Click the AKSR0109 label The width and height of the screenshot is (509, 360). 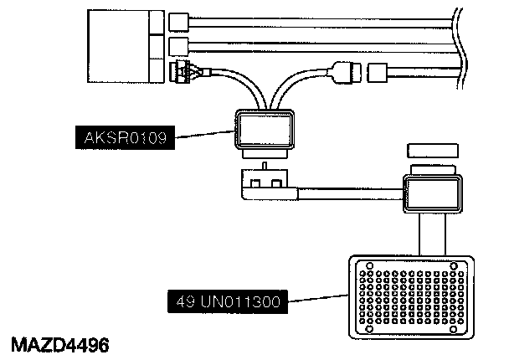(125, 137)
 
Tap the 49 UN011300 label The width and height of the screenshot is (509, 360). (228, 301)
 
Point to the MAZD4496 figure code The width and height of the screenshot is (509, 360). (60, 345)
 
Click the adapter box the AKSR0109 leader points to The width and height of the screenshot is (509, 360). (265, 130)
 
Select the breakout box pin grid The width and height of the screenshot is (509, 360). (412, 297)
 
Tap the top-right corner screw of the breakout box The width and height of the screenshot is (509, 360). (454, 266)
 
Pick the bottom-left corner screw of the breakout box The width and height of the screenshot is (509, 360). (369, 329)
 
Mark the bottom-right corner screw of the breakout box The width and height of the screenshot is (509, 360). (453, 330)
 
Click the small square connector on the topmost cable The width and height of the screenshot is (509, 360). (179, 23)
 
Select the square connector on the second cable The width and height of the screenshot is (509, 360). (179, 47)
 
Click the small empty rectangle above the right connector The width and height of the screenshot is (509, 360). (433, 151)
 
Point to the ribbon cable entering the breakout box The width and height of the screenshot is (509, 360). (432, 234)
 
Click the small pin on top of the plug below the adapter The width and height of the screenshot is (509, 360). (265, 166)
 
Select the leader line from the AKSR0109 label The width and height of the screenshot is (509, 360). (205, 135)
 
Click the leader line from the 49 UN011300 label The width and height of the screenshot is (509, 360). (318, 298)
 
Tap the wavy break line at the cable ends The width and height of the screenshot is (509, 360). (460, 49)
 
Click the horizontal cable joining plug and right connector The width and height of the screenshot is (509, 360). (351, 193)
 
